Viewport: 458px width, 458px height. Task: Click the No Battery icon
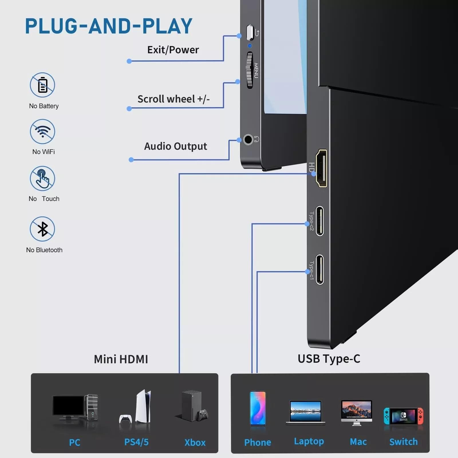(42, 85)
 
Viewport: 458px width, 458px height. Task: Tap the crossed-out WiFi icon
(42, 131)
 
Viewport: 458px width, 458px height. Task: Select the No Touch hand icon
(42, 178)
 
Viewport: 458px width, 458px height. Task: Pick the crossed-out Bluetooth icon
(42, 229)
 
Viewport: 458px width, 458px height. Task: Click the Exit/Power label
(173, 50)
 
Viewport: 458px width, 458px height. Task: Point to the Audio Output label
(175, 146)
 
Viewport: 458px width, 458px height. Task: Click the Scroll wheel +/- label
(173, 99)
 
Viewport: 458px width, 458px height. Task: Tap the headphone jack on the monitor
(248, 140)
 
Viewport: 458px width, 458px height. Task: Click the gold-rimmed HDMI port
(321, 168)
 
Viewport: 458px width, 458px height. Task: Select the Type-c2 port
(319, 221)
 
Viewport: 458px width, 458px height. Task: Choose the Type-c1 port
(319, 269)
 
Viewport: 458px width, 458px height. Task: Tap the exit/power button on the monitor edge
(250, 33)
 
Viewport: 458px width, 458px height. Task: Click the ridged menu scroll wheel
(250, 70)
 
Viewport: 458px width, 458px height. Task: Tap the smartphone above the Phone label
(258, 408)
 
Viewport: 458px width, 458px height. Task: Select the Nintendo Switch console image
(403, 416)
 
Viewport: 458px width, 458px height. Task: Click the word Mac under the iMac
(358, 442)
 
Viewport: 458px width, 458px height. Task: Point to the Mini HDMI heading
(121, 359)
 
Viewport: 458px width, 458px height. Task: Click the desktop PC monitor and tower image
(75, 408)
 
